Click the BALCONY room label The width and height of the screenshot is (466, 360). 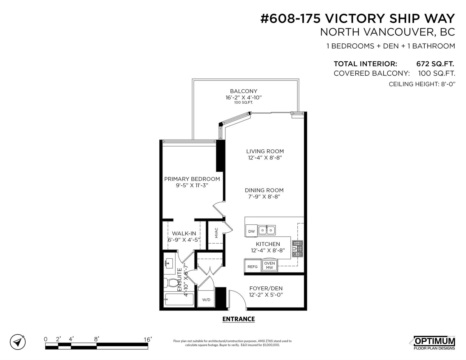coord(243,91)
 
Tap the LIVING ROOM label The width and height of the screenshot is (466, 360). coord(265,151)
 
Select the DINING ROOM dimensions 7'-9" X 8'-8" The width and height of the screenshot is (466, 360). coord(264,196)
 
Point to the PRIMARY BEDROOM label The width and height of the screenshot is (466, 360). coord(192,179)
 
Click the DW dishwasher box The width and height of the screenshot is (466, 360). coord(251,231)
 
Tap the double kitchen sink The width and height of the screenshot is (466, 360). coord(266,230)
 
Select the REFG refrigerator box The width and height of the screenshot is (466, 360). coord(253,266)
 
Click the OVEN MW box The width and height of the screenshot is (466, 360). coord(269,265)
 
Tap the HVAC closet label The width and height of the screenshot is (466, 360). coord(216,233)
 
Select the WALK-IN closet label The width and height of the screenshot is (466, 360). coord(184,233)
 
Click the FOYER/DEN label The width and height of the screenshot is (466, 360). coord(266,288)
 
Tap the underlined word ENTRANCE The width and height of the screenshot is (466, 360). coord(239,319)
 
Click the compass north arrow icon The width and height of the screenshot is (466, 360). coord(18,342)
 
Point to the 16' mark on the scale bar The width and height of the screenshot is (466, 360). coord(148,339)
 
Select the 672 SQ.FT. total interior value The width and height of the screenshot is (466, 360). coord(435,64)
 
